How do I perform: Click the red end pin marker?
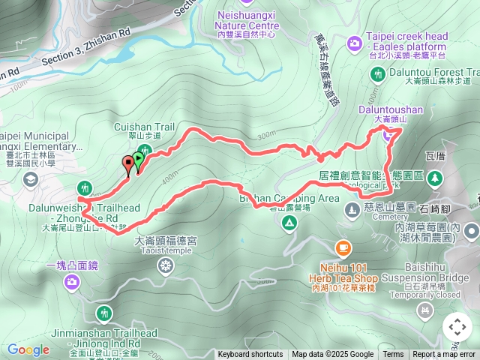click(x=127, y=165)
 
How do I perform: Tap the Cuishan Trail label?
click(x=144, y=127)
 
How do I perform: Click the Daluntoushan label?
click(x=391, y=109)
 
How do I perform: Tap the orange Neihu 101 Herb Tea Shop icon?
click(x=343, y=246)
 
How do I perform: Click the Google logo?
click(x=28, y=349)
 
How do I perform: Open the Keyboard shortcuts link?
click(x=250, y=355)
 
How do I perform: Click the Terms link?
click(x=393, y=355)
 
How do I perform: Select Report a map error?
click(x=444, y=355)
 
